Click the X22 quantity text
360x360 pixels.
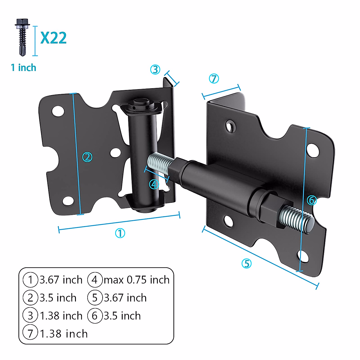coord(53,38)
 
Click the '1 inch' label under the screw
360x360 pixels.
coord(23,68)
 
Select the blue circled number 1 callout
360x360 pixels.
coord(120,233)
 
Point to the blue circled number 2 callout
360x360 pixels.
coord(87,157)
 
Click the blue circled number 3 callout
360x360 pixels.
coord(155,70)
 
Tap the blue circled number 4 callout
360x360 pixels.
coord(154,184)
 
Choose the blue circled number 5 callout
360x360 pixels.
coord(246,263)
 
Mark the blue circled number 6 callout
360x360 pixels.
coord(312,200)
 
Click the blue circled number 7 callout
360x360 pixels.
coord(214,79)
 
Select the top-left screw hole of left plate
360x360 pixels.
coord(58,111)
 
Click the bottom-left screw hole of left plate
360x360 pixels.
coord(68,201)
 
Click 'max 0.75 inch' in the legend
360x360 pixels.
coord(136,280)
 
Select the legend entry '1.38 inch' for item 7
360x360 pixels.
coord(64,334)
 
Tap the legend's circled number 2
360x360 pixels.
coord(30,298)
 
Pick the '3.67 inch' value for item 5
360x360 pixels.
coord(125,298)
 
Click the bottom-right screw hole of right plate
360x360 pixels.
coord(303,256)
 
